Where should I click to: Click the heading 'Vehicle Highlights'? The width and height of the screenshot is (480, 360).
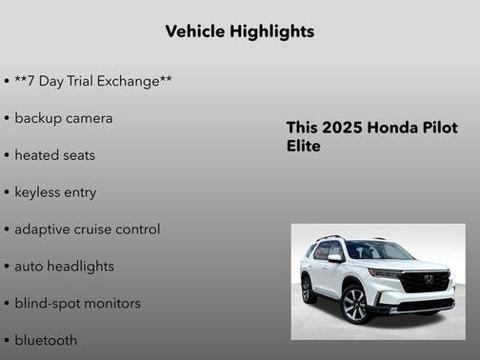point(239,31)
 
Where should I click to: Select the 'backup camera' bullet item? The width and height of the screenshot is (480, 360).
point(63,118)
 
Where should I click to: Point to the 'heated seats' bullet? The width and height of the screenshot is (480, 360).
point(54,154)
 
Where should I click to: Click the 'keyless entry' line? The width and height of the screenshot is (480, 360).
point(55,191)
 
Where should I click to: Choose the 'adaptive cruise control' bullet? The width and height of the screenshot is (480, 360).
point(87,229)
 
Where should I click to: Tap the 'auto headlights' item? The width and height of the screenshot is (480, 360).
point(64,266)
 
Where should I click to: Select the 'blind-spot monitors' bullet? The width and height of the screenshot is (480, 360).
point(77,303)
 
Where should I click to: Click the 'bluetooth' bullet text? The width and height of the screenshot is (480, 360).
point(46,339)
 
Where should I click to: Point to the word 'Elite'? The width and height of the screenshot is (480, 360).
point(304,147)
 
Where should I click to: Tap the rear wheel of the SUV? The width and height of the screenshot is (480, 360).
point(309,289)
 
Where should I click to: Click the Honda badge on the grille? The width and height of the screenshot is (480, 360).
point(429,279)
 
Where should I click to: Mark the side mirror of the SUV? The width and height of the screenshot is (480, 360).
point(336,258)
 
